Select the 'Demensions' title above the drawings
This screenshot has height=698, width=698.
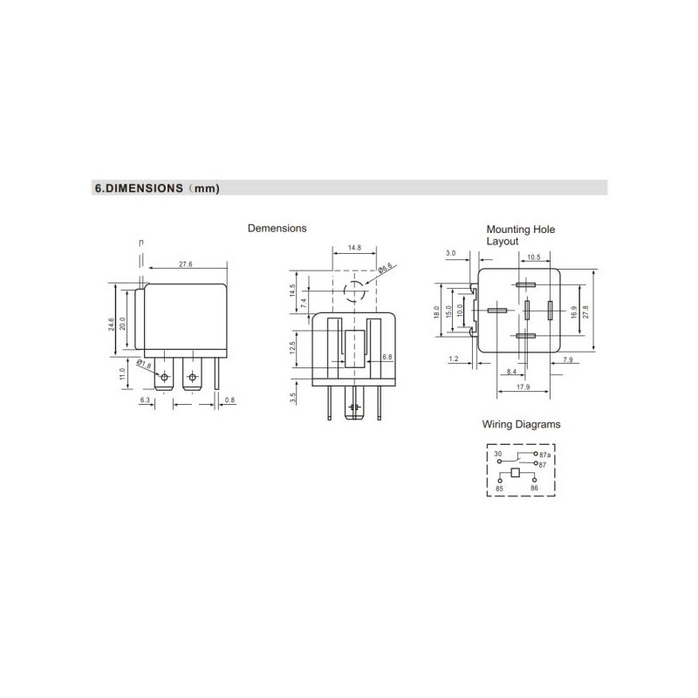[x=277, y=229]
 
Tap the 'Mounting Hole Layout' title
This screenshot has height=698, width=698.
[x=520, y=235]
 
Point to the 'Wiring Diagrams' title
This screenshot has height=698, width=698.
[x=521, y=425]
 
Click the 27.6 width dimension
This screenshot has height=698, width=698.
[x=185, y=263]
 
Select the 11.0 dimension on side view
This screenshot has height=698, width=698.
[x=124, y=373]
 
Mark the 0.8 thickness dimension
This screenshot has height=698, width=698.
[x=229, y=400]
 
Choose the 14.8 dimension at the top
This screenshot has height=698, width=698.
[x=353, y=248]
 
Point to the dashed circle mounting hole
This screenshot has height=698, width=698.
[x=354, y=291]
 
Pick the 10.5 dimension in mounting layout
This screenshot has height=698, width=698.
[x=534, y=257]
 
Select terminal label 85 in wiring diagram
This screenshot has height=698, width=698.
[x=499, y=488]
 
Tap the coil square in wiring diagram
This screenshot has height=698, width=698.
[x=516, y=473]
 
